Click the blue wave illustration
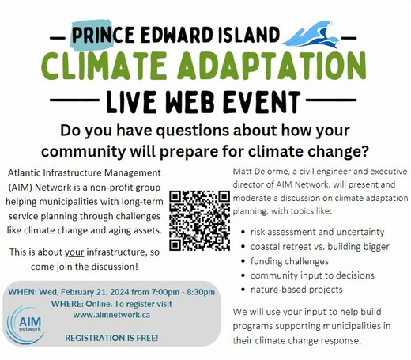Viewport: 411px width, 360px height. coord(311,35)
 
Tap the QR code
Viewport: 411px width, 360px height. coord(199,220)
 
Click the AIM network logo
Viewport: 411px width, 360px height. coord(25,325)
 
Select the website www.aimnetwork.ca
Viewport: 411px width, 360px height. coord(111,315)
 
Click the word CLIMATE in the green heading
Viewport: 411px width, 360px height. coord(104,66)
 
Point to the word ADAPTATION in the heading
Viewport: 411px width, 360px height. coord(272,66)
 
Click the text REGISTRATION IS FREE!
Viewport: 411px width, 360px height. coord(111,338)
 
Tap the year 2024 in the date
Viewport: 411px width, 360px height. coord(120,292)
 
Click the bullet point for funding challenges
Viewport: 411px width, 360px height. coord(243,261)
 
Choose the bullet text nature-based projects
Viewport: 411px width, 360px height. coord(296,290)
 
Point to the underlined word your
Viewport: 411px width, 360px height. coord(74,252)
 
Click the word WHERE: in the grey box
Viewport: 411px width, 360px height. coord(67,304)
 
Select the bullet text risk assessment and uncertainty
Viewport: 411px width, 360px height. coord(317,232)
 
